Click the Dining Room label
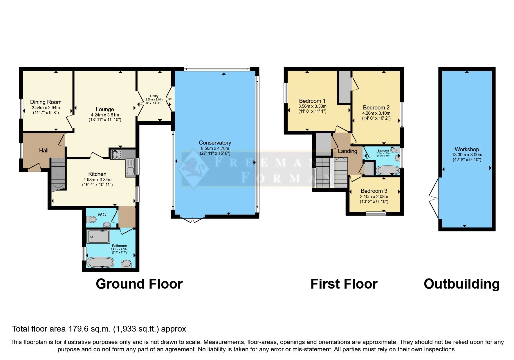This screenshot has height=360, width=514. pos(46,102)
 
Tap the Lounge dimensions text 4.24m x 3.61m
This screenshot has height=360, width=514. pos(105,115)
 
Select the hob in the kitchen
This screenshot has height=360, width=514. pos(117,154)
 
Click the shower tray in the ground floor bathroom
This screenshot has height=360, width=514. pos(98,236)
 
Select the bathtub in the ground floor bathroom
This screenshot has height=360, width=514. pos(100,262)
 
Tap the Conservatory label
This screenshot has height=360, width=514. pos(215,143)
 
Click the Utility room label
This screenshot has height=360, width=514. pos(154,96)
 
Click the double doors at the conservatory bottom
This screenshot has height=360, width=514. pos(192,220)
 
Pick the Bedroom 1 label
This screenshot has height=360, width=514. pos(312,101)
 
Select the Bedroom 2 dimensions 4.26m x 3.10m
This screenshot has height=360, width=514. pos(376,113)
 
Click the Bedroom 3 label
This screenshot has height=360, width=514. pos(374,191)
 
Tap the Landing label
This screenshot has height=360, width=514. pos(347,151)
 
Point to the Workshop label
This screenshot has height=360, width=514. pos(467,149)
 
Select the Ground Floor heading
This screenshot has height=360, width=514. pos(139,284)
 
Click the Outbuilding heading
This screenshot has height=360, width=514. pos(461,284)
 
